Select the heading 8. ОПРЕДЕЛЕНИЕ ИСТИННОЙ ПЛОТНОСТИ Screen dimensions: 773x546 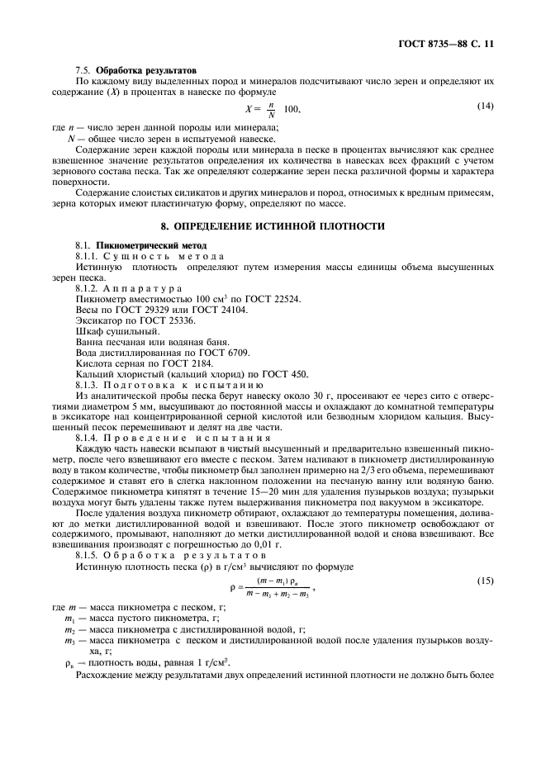tap(273, 225)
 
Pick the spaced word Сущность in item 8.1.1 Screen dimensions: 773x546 tap(139, 258)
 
